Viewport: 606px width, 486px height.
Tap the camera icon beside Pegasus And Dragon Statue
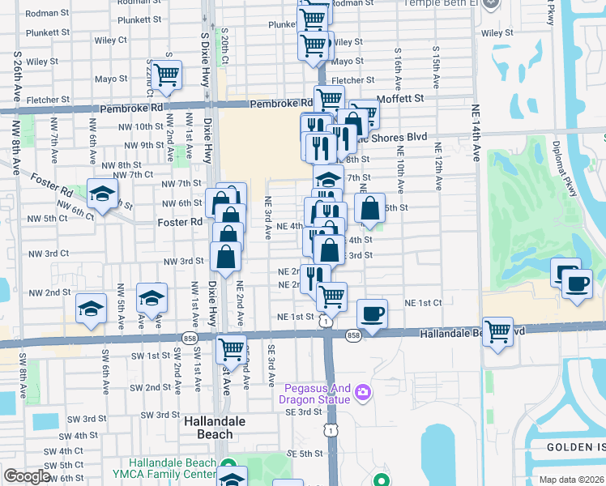362,392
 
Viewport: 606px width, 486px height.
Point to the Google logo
27,476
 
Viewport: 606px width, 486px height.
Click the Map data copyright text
572,480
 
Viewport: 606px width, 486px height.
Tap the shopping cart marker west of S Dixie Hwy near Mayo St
165,75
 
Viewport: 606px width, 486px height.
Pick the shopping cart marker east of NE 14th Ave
497,330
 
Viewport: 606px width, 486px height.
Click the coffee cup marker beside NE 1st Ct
372,313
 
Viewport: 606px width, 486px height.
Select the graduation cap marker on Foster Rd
103,194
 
